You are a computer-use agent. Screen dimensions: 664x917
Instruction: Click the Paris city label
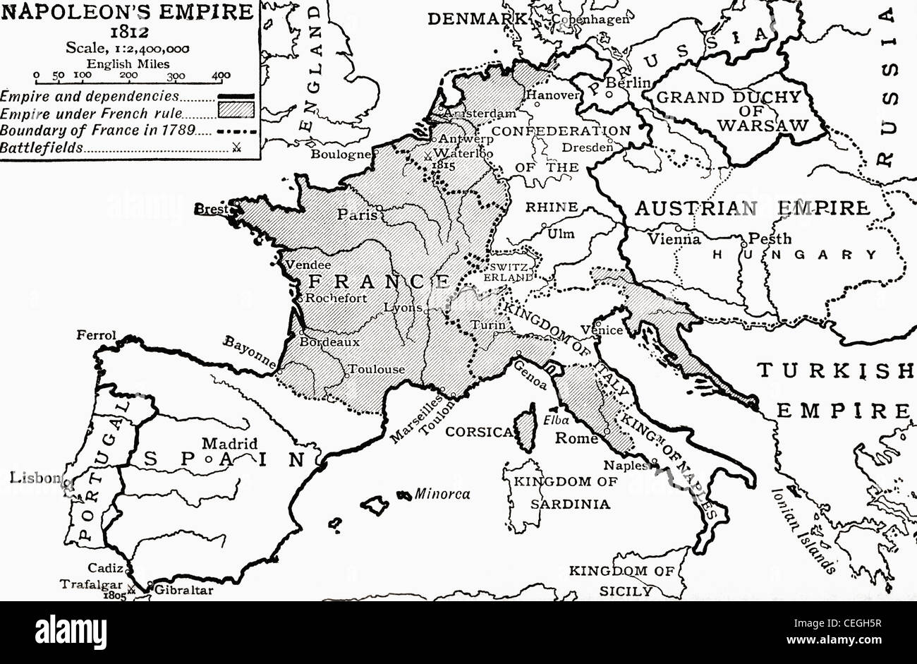pos(357,215)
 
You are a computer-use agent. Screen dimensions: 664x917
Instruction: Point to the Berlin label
pos(628,83)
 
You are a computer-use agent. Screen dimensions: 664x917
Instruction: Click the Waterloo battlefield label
pos(465,152)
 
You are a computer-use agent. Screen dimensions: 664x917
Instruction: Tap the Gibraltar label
pos(183,591)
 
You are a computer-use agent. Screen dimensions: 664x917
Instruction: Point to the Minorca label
pos(442,494)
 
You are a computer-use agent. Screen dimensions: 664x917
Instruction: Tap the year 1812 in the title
pos(128,31)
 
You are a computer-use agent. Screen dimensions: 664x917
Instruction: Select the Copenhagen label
pos(590,19)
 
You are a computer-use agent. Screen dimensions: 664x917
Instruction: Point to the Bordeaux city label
pos(330,342)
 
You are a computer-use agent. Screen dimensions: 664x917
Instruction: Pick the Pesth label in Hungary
pos(770,239)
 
